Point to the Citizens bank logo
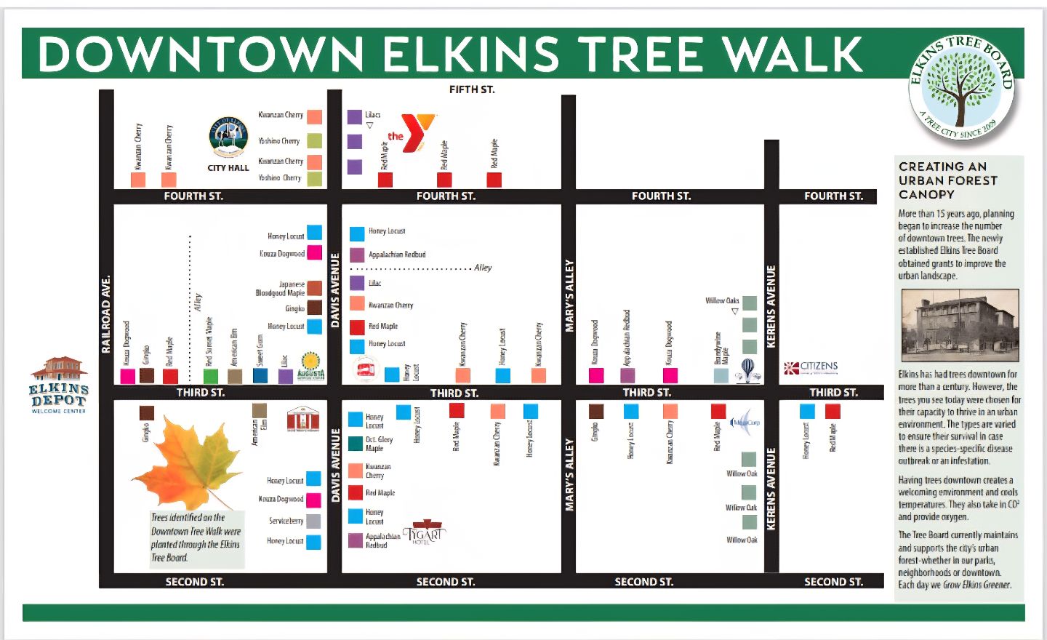coord(811,368)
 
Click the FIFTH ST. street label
coord(472,89)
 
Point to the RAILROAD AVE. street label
coord(106,314)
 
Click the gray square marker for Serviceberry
coord(313,521)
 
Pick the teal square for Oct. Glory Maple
coord(356,444)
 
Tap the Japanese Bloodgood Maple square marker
coord(314,288)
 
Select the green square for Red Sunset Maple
coord(210,376)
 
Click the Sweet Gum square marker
coord(260,375)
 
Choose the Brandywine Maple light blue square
coord(721,375)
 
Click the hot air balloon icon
coord(748,369)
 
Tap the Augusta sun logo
coord(310,365)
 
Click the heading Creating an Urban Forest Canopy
coord(947,180)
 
